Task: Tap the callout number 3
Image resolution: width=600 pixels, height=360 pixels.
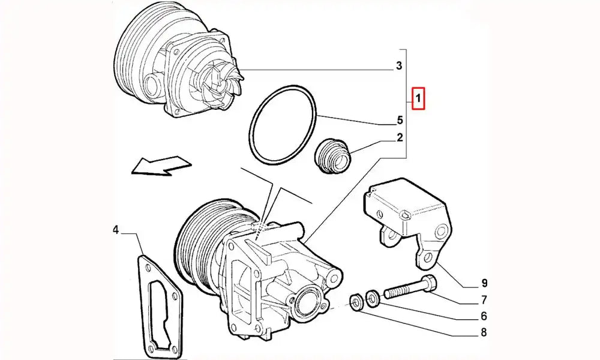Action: coord(400,66)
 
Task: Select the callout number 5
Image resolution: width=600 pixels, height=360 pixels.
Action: coord(400,120)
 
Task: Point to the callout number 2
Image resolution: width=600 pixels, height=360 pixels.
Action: coord(400,138)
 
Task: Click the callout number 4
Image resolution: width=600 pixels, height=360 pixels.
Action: coord(115,229)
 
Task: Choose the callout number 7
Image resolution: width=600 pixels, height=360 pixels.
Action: coord(484,300)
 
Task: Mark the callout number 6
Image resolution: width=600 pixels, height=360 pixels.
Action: coord(484,316)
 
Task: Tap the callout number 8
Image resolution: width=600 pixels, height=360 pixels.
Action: coord(484,332)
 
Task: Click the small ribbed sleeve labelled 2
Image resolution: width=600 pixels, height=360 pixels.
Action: coord(333,155)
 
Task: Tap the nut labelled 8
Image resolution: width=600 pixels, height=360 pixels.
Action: coord(355,301)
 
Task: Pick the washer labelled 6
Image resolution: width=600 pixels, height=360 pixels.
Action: coord(373,296)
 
